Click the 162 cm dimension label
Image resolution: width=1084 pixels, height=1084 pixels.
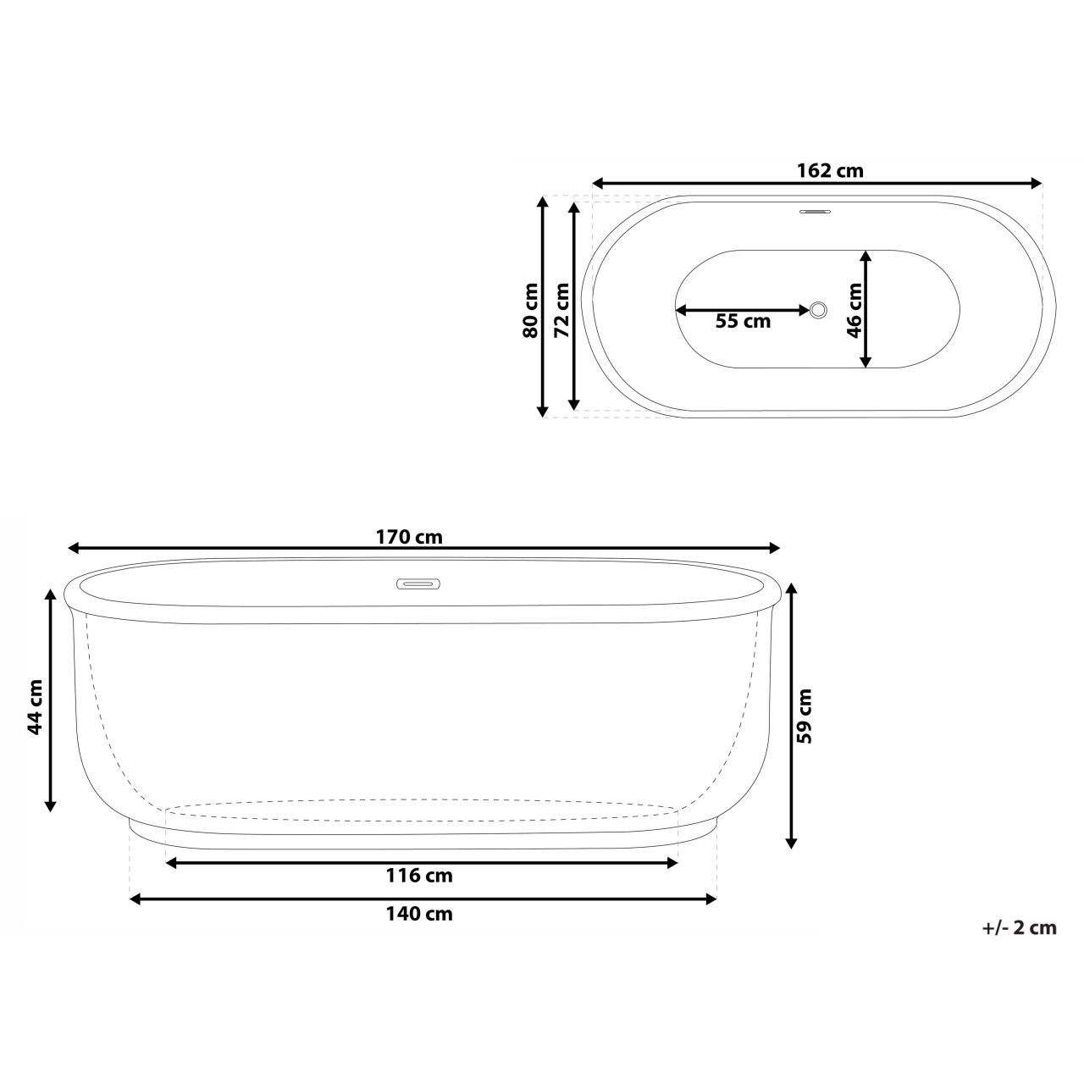830,170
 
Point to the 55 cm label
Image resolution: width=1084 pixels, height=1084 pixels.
743,322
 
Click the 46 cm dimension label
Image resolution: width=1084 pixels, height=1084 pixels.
854,310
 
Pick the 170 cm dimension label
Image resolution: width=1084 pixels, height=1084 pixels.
409,537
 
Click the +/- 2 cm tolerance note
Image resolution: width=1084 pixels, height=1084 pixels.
1020,927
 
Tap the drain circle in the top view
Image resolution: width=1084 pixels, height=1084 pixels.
818,310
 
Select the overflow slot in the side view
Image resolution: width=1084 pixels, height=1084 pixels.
419,583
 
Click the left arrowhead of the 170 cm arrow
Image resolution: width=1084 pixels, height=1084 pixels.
73,548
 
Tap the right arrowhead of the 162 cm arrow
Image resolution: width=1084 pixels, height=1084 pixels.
1037,183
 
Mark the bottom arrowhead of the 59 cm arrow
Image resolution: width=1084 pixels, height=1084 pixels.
791,843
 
